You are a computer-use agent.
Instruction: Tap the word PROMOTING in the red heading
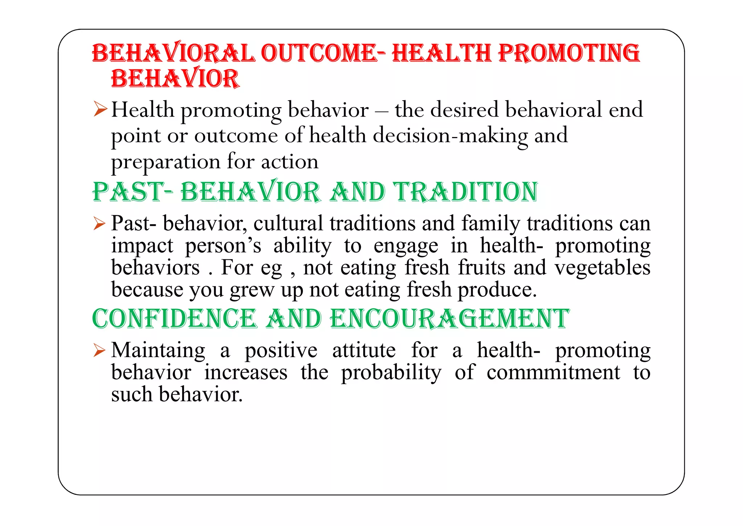coord(569,53)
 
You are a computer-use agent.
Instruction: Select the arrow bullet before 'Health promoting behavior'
coord(100,109)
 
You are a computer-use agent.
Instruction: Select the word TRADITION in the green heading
coord(466,192)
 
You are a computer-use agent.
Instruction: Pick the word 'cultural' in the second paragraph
coord(288,223)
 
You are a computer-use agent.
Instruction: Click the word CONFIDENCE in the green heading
coord(174,319)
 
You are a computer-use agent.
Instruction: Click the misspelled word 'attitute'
coord(364,351)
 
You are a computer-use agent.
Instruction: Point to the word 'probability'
coord(391,373)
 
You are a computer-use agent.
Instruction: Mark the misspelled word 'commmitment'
coord(553,372)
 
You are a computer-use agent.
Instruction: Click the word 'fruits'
coord(482,268)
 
